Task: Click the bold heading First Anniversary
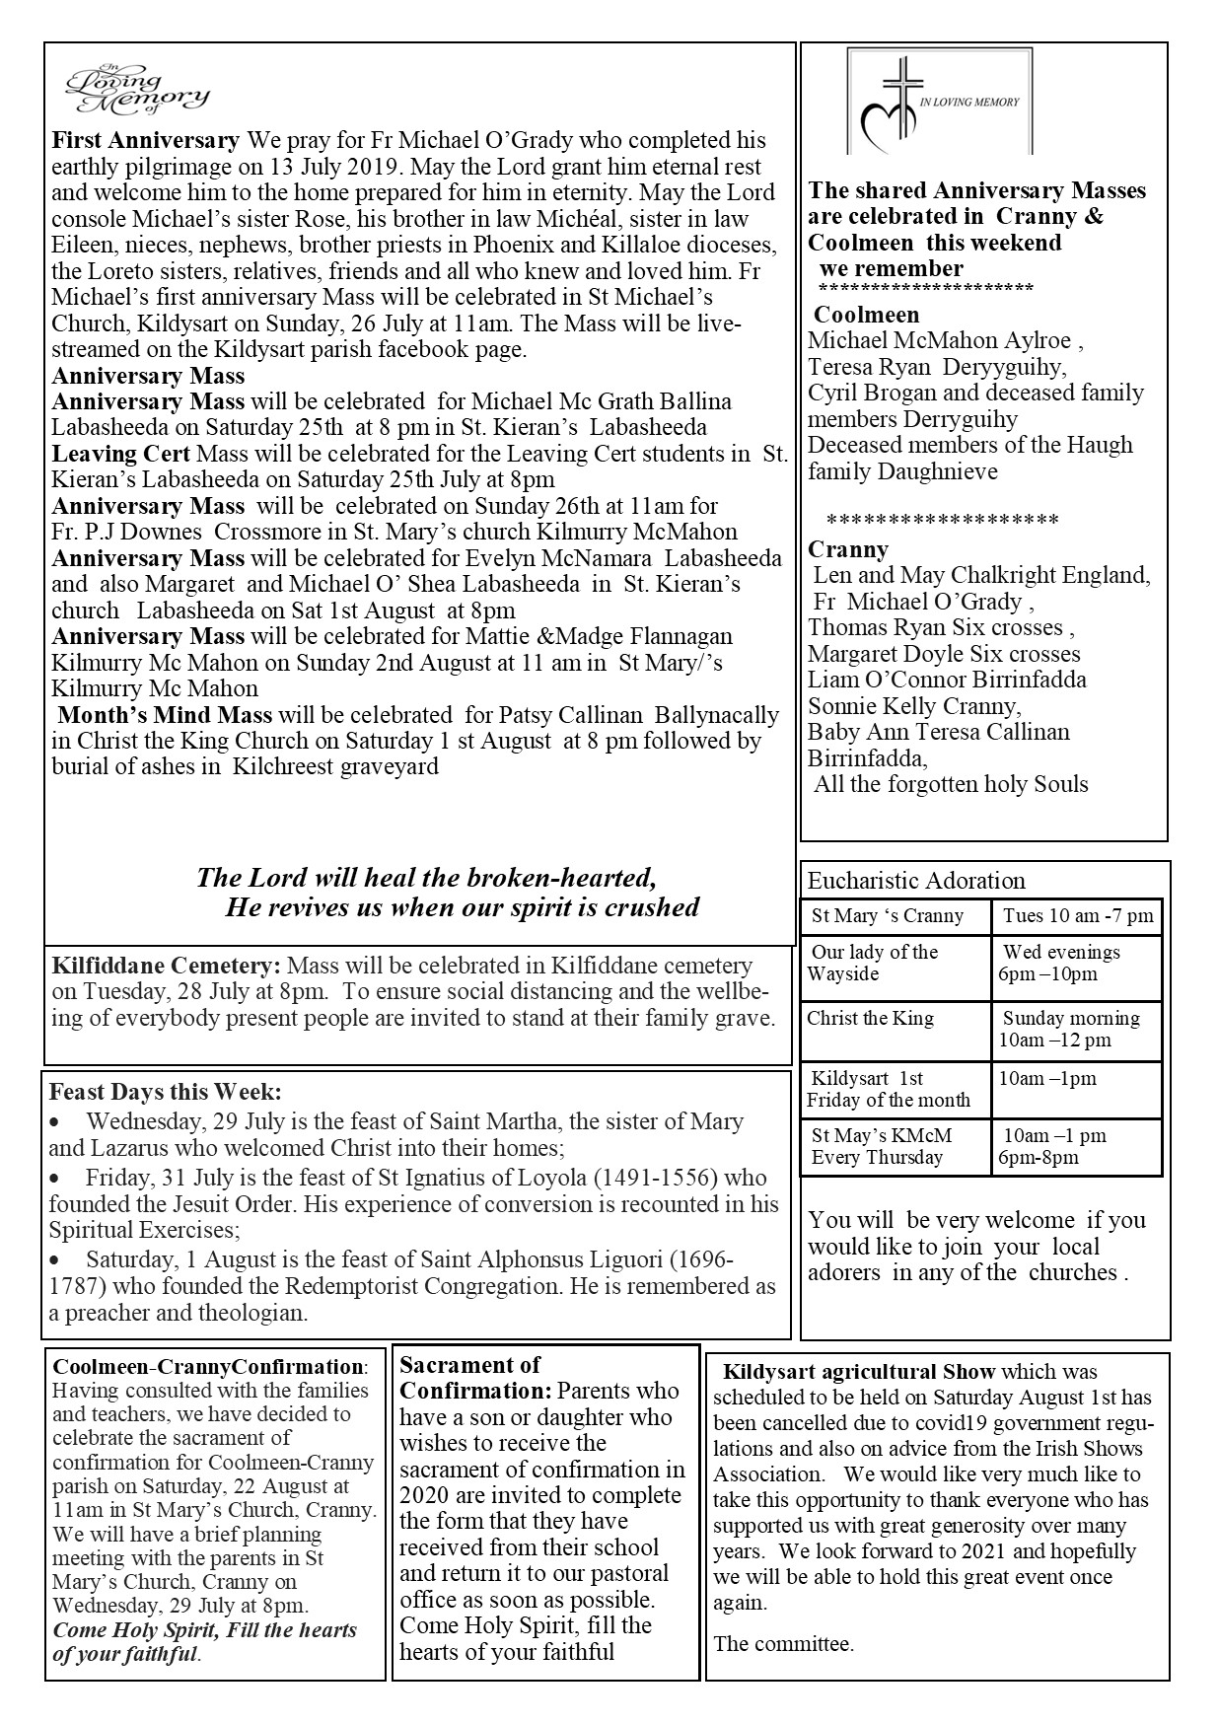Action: (146, 140)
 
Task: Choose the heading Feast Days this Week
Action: (165, 1093)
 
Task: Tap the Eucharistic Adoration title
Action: (916, 881)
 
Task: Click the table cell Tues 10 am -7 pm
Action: (1077, 916)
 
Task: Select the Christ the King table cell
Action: (870, 1019)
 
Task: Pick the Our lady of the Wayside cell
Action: (874, 963)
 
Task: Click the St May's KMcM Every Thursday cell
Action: (882, 1146)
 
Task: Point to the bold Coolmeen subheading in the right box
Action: (866, 316)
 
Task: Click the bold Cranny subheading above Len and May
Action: (848, 549)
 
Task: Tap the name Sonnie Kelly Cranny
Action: (912, 706)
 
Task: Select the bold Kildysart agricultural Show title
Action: (858, 1371)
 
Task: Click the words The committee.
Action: (783, 1643)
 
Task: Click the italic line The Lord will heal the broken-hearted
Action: (426, 877)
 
